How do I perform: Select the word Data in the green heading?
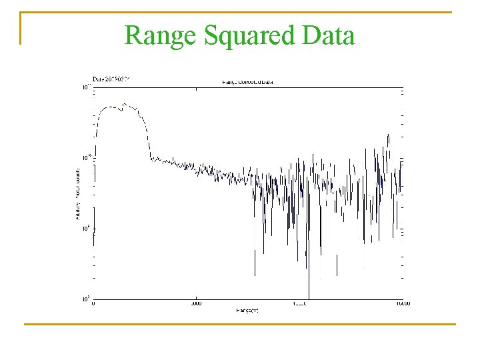(328, 35)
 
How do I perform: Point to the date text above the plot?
(111, 78)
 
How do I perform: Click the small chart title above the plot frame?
(247, 82)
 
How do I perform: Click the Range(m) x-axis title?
(247, 311)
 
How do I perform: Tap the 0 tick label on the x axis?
(93, 304)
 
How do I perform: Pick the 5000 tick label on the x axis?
(196, 304)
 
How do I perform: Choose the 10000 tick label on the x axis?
(299, 304)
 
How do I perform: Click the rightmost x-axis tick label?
(401, 304)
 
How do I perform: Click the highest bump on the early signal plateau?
(124, 104)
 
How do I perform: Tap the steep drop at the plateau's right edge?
(147, 137)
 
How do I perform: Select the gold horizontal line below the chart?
(240, 325)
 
